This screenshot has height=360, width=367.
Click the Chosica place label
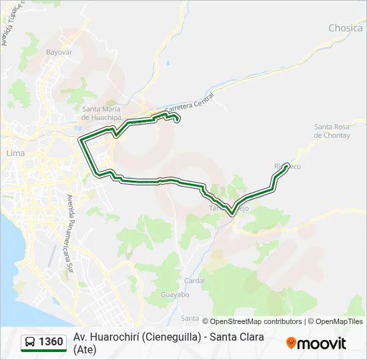click(x=345, y=28)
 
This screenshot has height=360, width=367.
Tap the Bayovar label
click(x=59, y=51)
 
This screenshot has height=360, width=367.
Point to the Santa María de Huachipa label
click(x=101, y=113)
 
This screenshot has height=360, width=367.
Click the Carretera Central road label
click(x=188, y=105)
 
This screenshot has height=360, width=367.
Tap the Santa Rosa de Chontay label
click(x=332, y=131)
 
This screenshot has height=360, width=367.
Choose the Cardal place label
click(x=194, y=281)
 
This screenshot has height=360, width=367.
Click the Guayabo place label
click(x=175, y=295)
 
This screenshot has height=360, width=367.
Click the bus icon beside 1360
click(x=30, y=343)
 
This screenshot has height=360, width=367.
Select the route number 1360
click(x=51, y=343)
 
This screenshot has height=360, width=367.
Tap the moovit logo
click(x=316, y=343)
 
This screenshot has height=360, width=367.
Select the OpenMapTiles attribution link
click(x=340, y=321)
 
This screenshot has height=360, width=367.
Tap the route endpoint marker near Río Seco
click(x=287, y=166)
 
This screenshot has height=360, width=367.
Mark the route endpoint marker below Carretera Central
click(x=177, y=119)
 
